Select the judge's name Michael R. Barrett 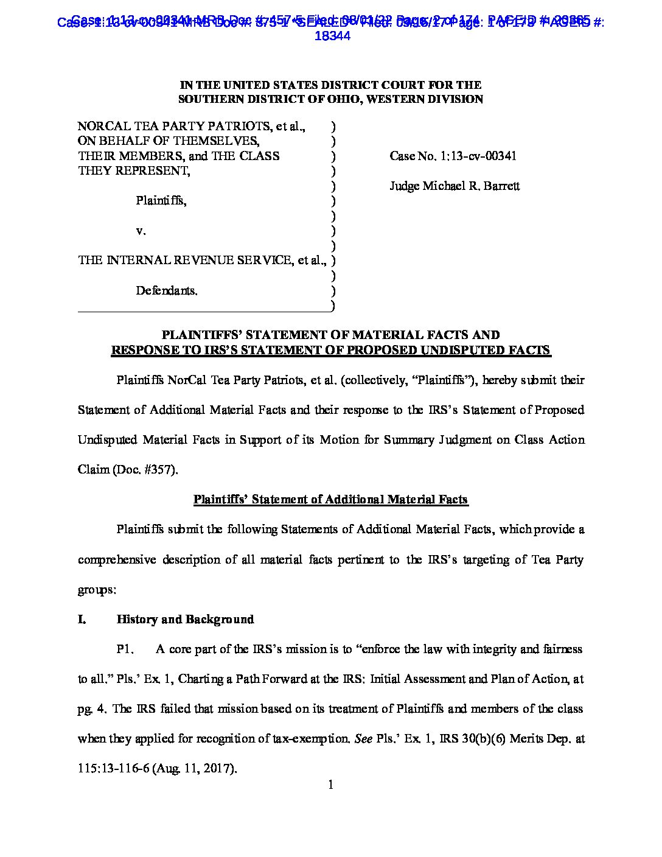(x=471, y=186)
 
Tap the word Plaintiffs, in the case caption (x=161, y=200)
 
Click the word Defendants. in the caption (x=167, y=290)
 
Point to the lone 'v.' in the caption (x=141, y=231)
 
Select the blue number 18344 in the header (x=332, y=36)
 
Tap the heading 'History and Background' (x=185, y=619)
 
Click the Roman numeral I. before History (x=82, y=619)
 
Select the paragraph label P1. (x=125, y=649)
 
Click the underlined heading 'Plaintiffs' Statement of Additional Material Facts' (x=330, y=500)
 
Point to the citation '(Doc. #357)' (x=145, y=469)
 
